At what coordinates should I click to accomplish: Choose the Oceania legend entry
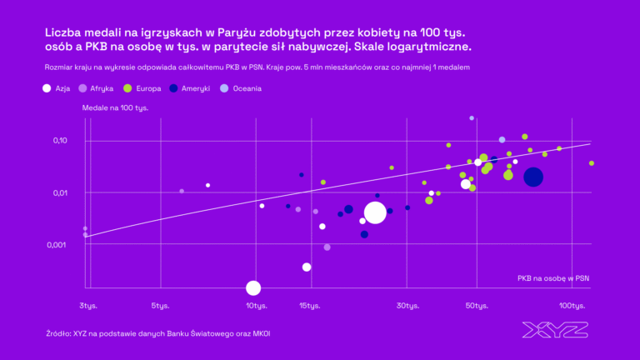[242, 87]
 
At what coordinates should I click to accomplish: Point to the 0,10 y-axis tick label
[60, 141]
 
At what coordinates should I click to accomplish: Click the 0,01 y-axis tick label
[60, 193]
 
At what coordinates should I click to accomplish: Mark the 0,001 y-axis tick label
[58, 245]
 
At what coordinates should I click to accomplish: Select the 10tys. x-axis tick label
[257, 306]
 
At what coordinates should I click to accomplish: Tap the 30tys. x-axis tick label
[407, 306]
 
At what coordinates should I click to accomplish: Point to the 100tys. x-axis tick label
[572, 306]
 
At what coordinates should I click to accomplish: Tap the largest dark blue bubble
[533, 177]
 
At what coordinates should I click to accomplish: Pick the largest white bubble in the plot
[375, 212]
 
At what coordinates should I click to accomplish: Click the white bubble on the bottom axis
[253, 288]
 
